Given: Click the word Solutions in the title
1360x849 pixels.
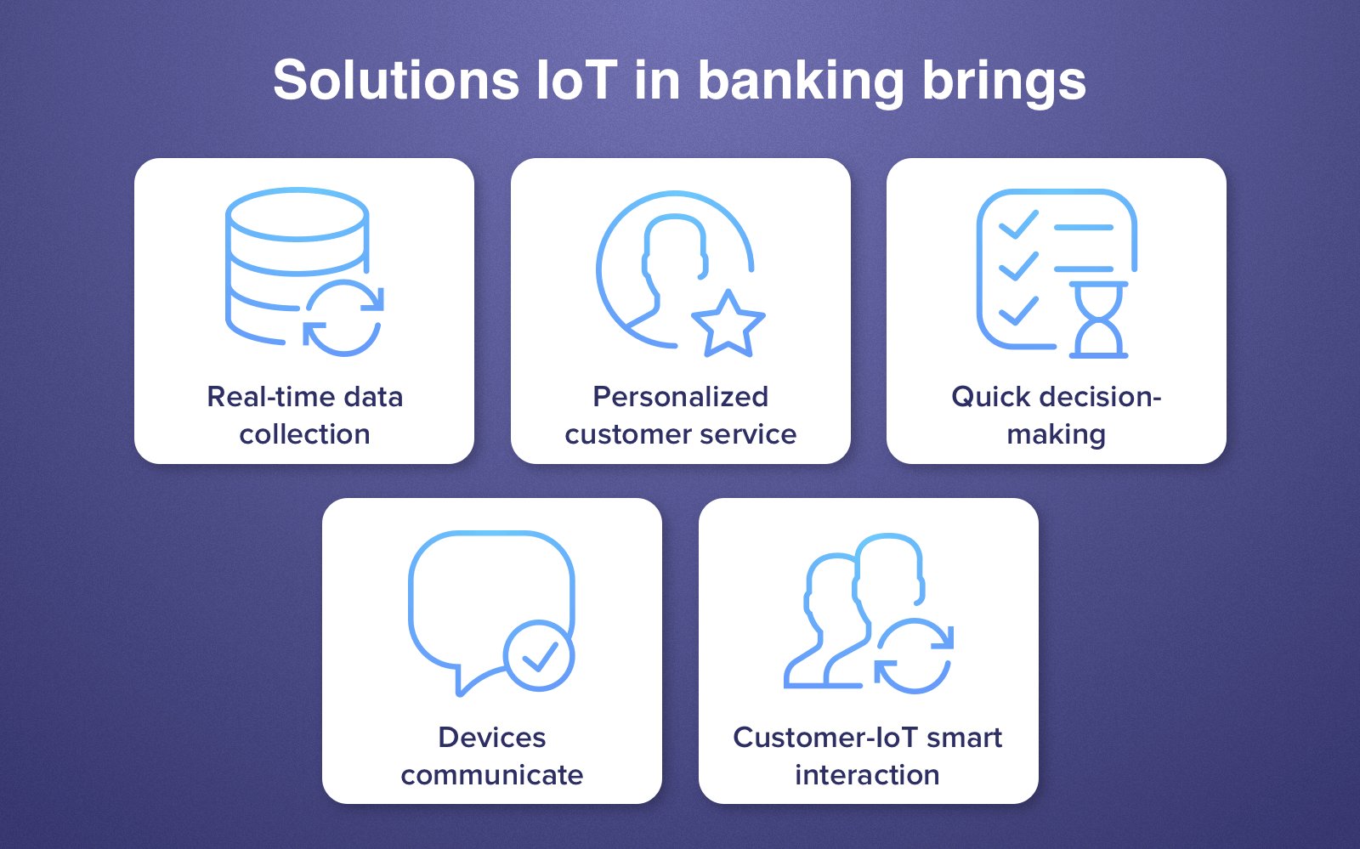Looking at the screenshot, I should pyautogui.click(x=395, y=81).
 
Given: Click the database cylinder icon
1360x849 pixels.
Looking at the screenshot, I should pyautogui.click(x=285, y=255).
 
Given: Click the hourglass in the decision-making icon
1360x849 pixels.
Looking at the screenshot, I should pyautogui.click(x=1098, y=320).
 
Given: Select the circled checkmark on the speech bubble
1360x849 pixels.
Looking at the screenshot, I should pyautogui.click(x=538, y=655).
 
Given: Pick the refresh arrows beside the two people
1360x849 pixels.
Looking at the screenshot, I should pyautogui.click(x=914, y=655).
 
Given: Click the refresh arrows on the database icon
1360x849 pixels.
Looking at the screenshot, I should pyautogui.click(x=343, y=317).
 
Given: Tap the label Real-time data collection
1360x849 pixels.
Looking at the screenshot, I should pyautogui.click(x=304, y=415).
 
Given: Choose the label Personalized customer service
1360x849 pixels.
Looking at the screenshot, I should pyautogui.click(x=680, y=415).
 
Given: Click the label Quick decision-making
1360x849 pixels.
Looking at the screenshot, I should pyautogui.click(x=1056, y=415).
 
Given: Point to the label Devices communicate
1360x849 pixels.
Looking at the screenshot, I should pyautogui.click(x=491, y=756).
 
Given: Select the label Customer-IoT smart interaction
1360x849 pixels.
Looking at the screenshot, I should pyautogui.click(x=867, y=756).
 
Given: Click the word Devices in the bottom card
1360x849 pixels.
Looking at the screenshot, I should pyautogui.click(x=491, y=737).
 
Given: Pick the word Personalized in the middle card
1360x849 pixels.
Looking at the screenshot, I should pyautogui.click(x=680, y=396).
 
